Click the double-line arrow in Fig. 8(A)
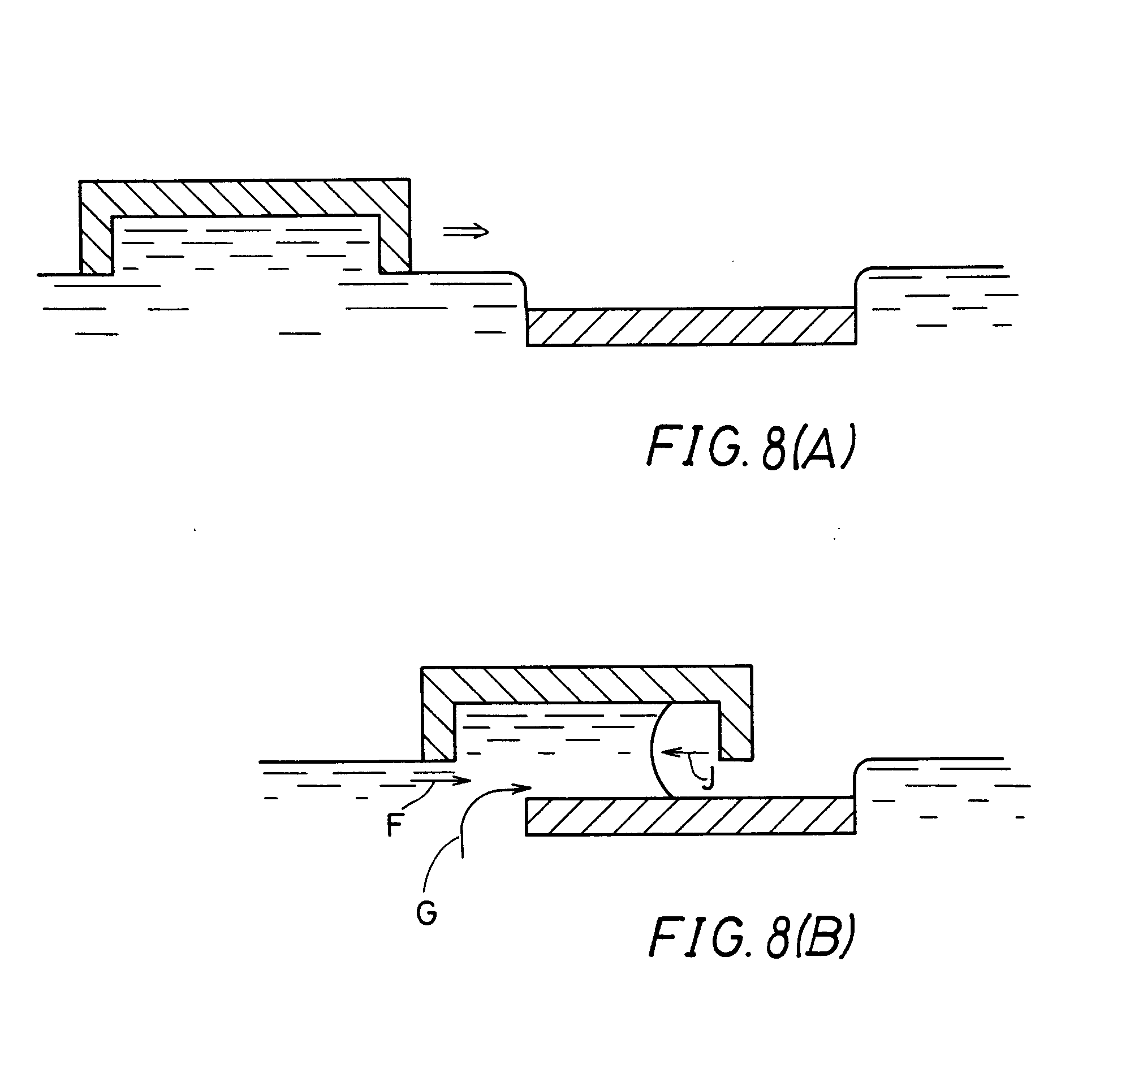coord(465,232)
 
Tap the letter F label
coord(394,826)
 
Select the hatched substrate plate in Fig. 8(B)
coord(690,816)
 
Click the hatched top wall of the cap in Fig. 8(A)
coord(245,198)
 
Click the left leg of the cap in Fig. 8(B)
coord(439,730)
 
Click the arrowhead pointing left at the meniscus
coord(667,751)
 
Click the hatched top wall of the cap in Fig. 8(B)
coord(586,684)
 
